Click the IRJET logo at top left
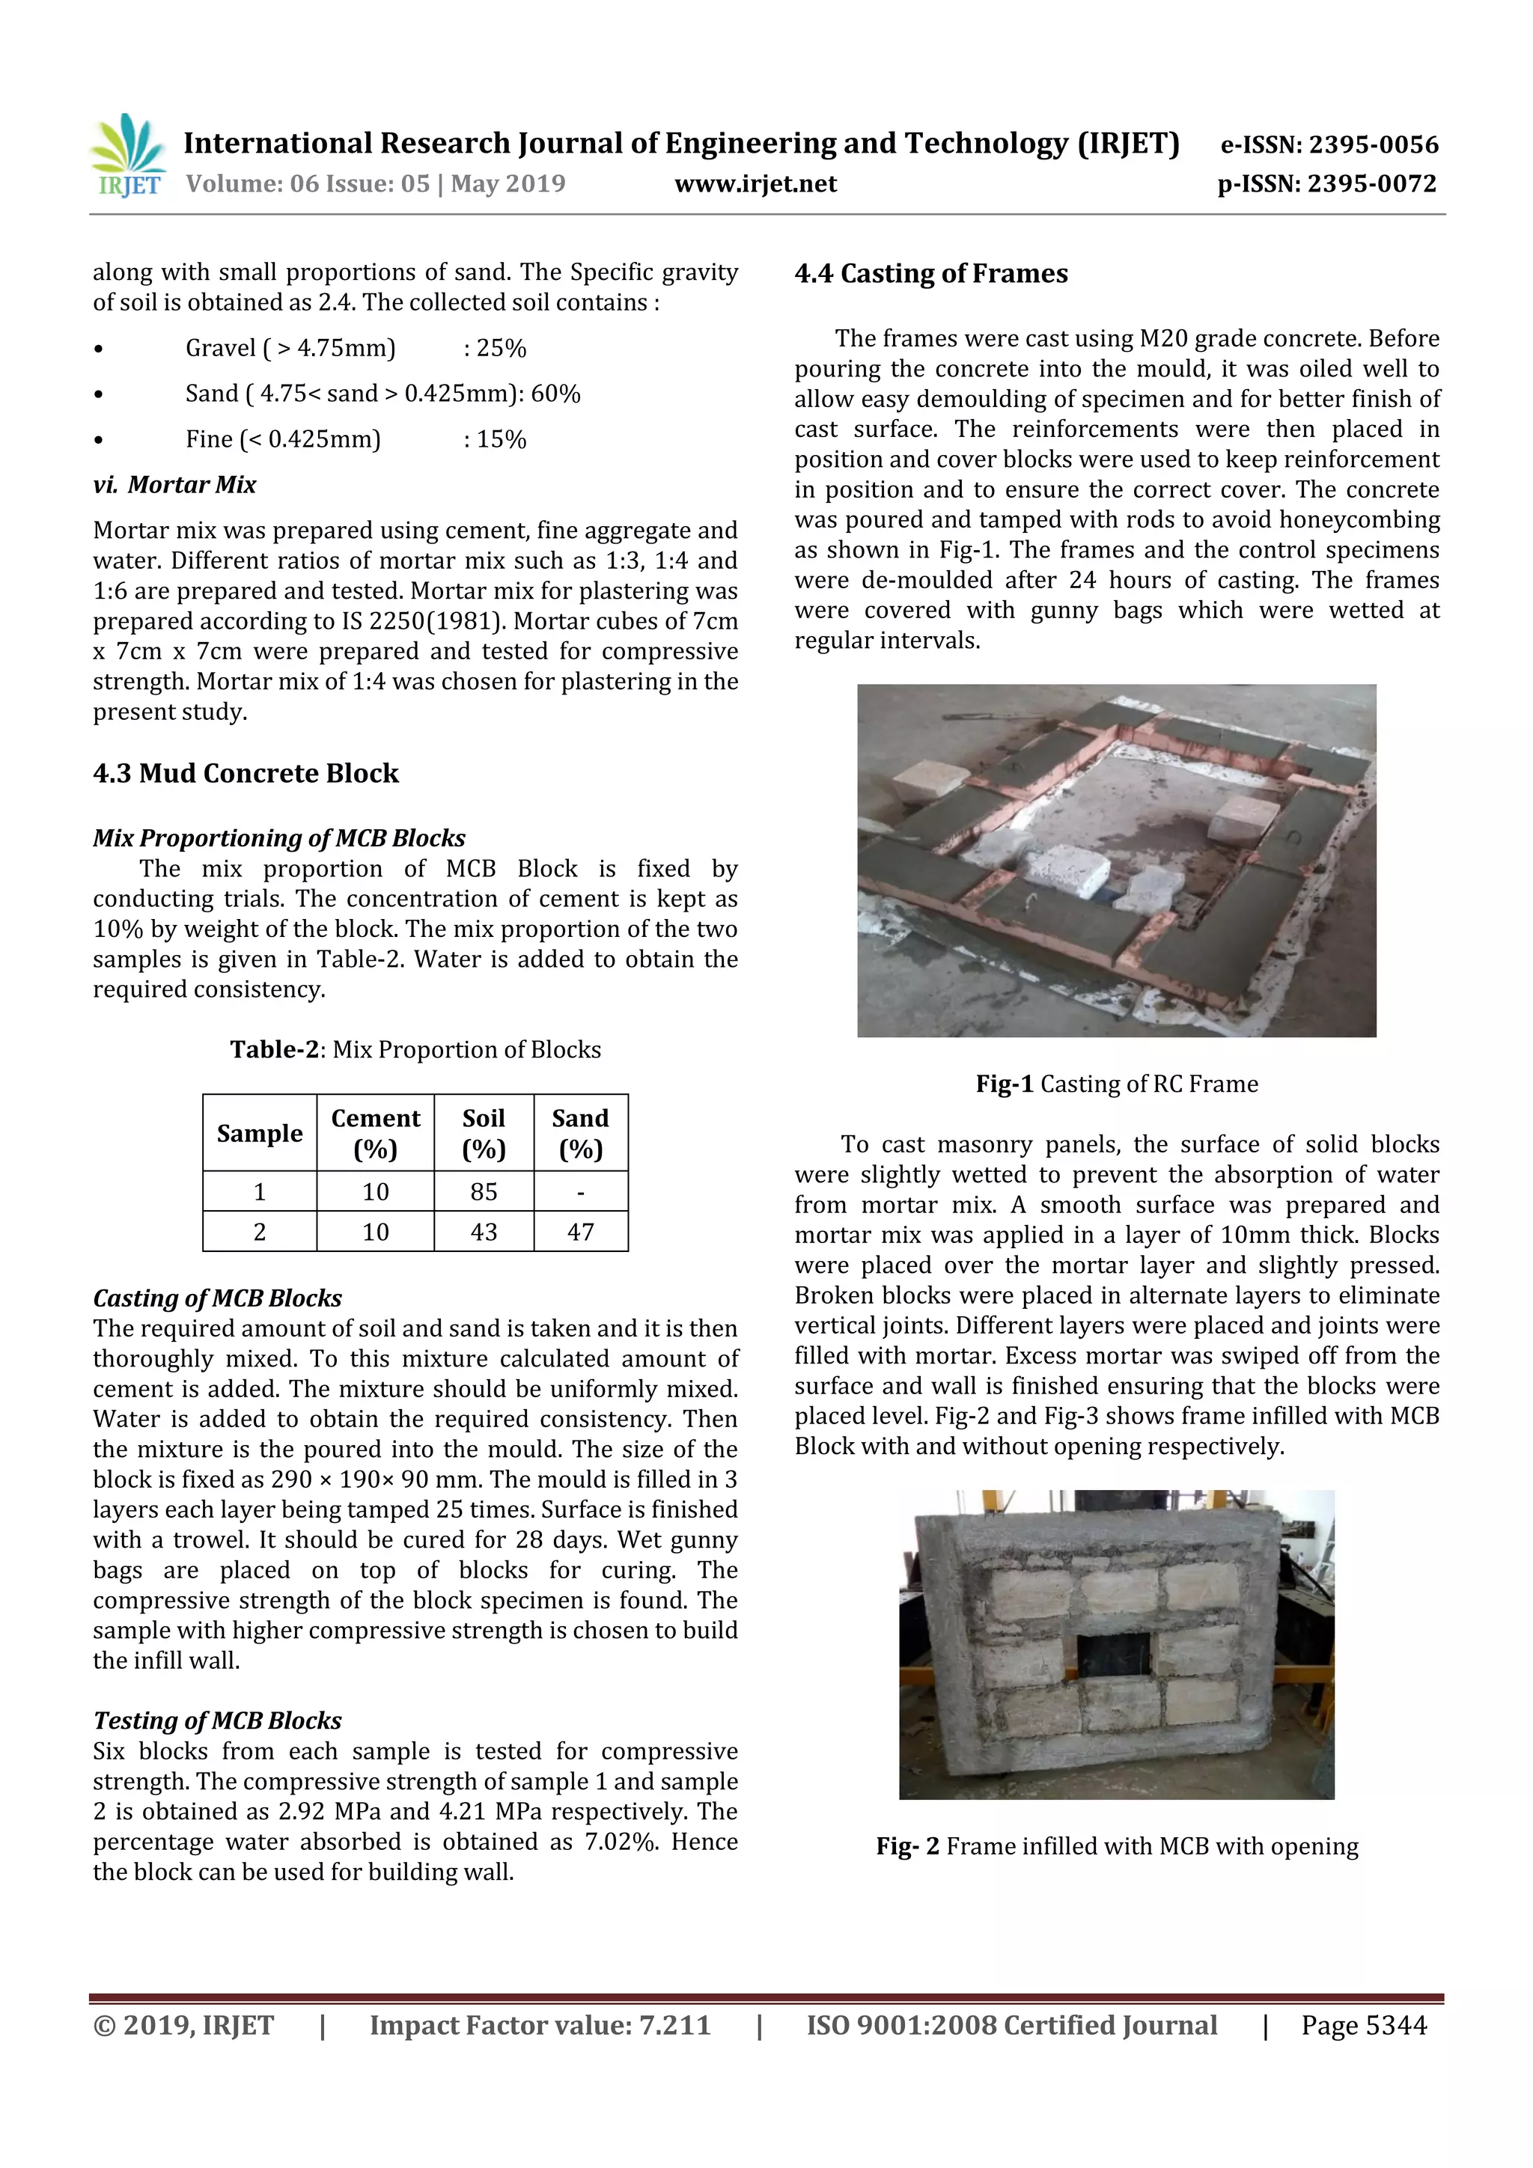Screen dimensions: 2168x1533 pos(127,156)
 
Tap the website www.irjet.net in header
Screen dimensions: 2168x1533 pos(755,183)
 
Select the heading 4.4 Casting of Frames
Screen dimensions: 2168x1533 pos(930,274)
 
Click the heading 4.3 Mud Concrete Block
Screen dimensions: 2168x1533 pos(246,773)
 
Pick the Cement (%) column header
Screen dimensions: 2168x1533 pos(375,1133)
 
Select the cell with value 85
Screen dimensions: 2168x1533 pos(484,1191)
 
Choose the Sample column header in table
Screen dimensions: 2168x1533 pos(260,1133)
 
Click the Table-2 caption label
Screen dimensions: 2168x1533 pos(274,1050)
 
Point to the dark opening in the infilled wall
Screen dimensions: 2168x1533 pos(1114,1653)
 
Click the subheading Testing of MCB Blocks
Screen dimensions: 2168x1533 pos(217,1720)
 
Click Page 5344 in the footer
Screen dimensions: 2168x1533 pos(1363,2025)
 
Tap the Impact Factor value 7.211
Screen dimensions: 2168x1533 pos(674,2025)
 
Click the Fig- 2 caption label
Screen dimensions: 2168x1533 pos(906,1846)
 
